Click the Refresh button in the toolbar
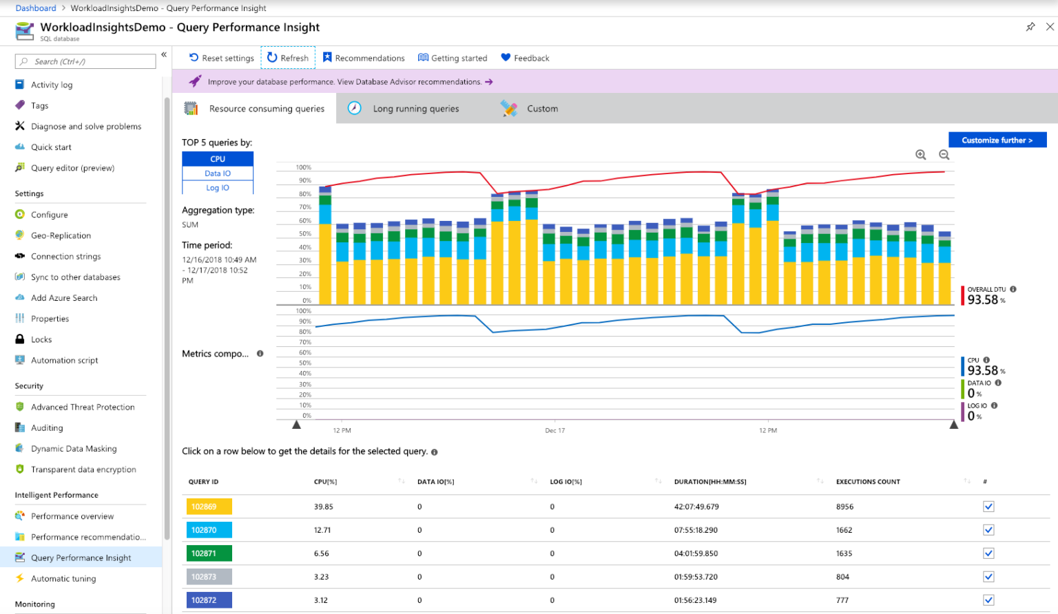(288, 58)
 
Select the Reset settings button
(221, 58)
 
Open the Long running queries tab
(415, 109)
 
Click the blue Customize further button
(997, 140)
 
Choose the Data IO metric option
(218, 173)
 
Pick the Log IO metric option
(218, 188)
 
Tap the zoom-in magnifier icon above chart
(920, 155)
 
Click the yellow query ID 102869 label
(209, 507)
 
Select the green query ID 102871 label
(209, 553)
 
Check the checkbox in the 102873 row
(988, 577)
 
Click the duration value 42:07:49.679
(696, 507)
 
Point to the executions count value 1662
(844, 530)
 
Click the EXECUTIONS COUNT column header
(868, 482)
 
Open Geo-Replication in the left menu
(61, 235)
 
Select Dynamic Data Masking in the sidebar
(74, 449)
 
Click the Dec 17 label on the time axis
(554, 431)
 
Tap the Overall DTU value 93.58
(983, 300)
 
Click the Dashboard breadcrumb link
(36, 8)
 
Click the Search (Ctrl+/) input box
(85, 61)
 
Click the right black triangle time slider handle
(953, 425)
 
